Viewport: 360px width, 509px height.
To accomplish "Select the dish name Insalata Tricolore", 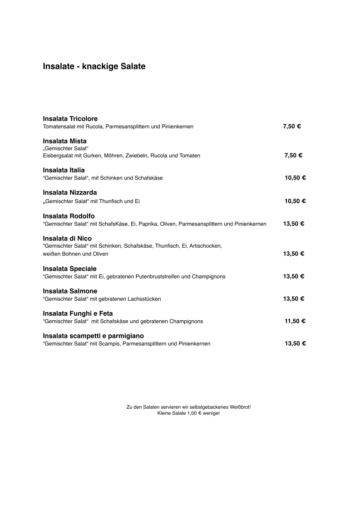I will [x=70, y=119].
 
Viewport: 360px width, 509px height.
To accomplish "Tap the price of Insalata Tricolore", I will [x=292, y=127].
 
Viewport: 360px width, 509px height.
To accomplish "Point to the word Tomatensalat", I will [x=58, y=127].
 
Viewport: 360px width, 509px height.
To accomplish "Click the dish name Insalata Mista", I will [x=64, y=141].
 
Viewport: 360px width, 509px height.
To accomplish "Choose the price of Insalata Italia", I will [x=295, y=178].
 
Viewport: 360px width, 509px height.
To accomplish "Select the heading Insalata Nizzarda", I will [x=70, y=193].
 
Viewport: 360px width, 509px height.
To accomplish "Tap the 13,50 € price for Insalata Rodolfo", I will [x=293, y=224].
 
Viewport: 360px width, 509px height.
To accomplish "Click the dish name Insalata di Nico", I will [x=67, y=239].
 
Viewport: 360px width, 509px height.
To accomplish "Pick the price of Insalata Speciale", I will [x=293, y=276].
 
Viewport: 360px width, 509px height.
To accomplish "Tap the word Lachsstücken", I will [x=146, y=299].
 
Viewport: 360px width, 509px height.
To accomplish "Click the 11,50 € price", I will [x=295, y=321].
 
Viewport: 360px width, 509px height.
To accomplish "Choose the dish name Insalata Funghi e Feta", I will [x=78, y=313].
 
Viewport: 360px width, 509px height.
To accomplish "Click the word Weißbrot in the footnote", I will [x=238, y=407].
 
